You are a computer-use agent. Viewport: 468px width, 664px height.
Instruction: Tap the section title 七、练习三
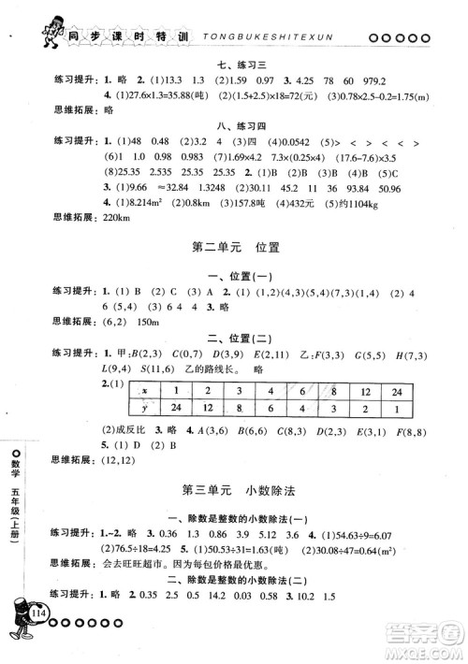pyautogui.click(x=234, y=64)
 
